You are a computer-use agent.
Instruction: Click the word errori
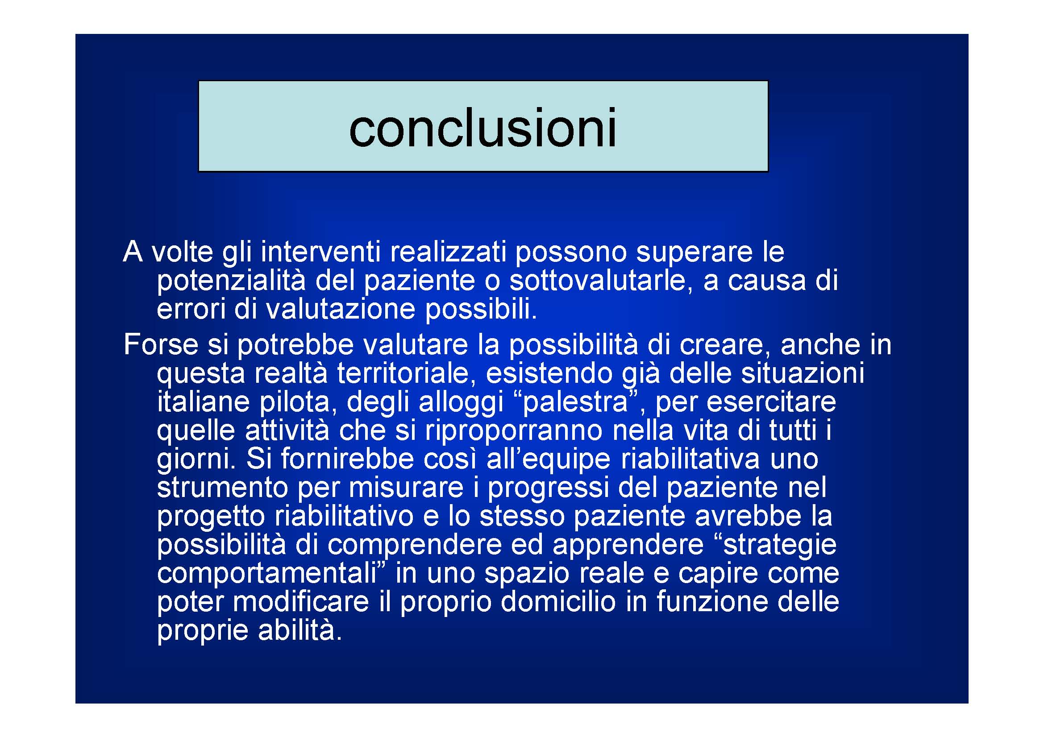[x=191, y=309]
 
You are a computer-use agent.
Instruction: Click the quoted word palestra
[x=575, y=402]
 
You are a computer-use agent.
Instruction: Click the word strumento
[x=222, y=487]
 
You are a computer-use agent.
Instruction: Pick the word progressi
[x=548, y=487]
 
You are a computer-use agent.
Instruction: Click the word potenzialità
[x=231, y=280]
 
